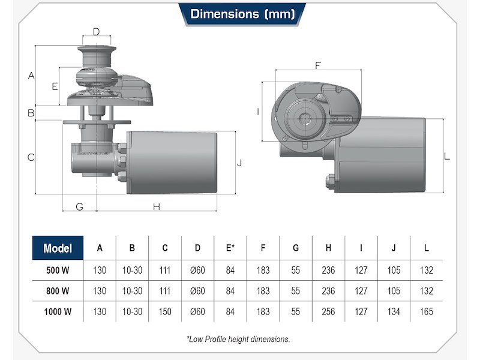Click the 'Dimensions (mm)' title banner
coord(242,14)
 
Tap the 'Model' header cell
coord(58,248)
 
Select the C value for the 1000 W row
coord(164,311)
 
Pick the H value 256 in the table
coord(328,311)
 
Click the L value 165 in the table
coord(427,311)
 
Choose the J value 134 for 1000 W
coord(394,311)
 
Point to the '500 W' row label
coord(58,271)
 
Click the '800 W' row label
coord(58,291)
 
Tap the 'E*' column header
coord(230,248)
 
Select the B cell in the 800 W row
coord(132,291)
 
